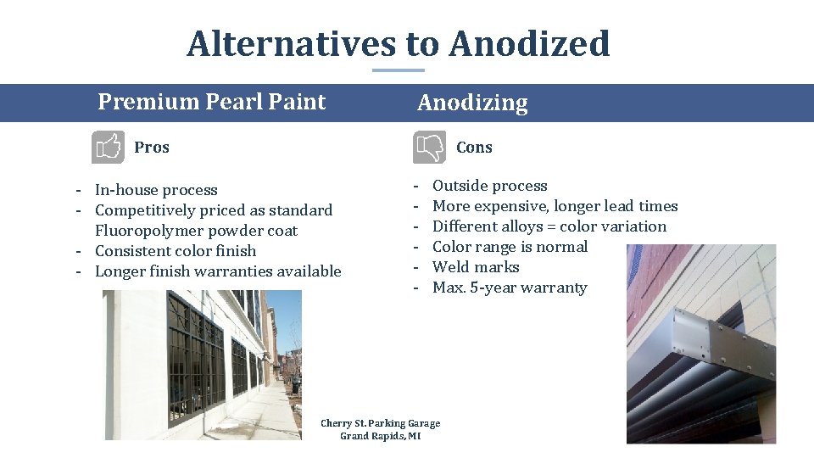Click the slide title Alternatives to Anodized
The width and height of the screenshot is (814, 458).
pos(398,44)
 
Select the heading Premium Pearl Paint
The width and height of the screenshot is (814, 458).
pos(211,102)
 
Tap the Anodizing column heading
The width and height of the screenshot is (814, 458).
pos(472,103)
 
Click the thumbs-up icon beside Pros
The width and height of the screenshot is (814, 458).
pos(108,148)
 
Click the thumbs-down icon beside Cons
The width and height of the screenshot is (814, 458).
pos(429,148)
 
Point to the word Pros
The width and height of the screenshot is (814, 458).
pos(152,148)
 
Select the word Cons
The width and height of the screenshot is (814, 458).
pos(474,148)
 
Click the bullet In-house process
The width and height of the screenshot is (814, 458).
pos(156,190)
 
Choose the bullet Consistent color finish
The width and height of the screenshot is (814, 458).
pos(176,251)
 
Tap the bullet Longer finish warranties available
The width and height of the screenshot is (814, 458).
pos(218,271)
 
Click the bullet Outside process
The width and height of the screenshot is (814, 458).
pos(489,186)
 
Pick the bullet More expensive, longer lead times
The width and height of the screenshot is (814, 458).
pos(555,206)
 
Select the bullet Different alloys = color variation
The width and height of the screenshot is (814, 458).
pos(549,226)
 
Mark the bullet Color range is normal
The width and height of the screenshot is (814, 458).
pos(510,247)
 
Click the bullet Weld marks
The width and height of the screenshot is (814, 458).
pos(476,267)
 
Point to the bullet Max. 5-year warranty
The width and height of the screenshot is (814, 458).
pos(510,288)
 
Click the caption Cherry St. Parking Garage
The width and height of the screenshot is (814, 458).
pos(381,423)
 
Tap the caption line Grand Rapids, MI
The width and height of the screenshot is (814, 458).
pos(380,436)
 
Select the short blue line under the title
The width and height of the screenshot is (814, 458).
pos(399,70)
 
